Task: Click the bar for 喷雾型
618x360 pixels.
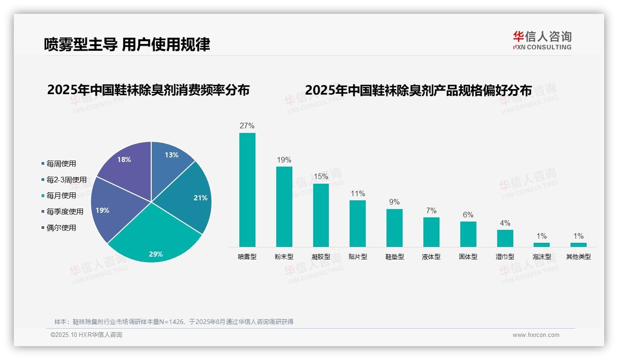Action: pyautogui.click(x=247, y=190)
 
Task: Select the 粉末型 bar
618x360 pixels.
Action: pyautogui.click(x=284, y=206)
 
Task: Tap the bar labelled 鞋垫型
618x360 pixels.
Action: pyautogui.click(x=394, y=228)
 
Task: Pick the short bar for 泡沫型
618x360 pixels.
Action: pyautogui.click(x=541, y=245)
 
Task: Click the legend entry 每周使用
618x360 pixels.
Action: pyautogui.click(x=61, y=163)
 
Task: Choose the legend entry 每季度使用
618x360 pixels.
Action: pyautogui.click(x=65, y=211)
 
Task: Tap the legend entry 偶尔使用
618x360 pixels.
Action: pyautogui.click(x=61, y=228)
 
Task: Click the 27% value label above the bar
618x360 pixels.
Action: pyautogui.click(x=247, y=126)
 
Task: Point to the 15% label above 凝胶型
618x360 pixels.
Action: pyautogui.click(x=321, y=176)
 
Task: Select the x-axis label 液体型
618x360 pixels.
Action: pyautogui.click(x=431, y=257)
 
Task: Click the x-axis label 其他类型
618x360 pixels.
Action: pyautogui.click(x=578, y=257)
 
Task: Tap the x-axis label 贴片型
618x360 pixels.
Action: pyautogui.click(x=357, y=257)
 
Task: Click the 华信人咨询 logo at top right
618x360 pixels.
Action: pyautogui.click(x=542, y=40)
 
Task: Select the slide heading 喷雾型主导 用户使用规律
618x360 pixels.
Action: pyautogui.click(x=127, y=44)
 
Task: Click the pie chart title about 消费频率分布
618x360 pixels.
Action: pyautogui.click(x=148, y=90)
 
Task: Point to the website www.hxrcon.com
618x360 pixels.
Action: pyautogui.click(x=536, y=335)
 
